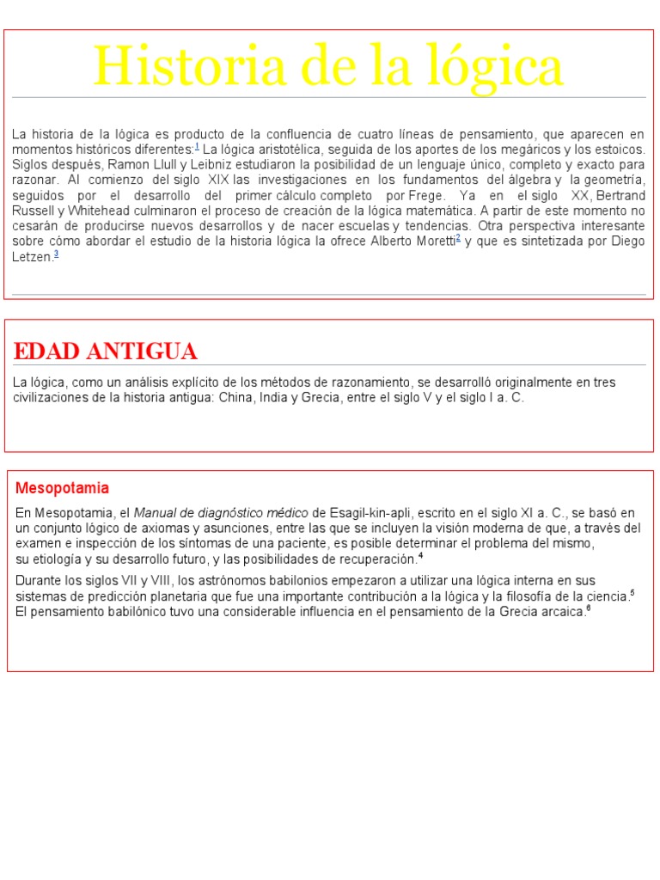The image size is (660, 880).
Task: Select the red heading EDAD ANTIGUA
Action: point(106,351)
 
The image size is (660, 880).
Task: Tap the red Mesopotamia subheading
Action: point(63,488)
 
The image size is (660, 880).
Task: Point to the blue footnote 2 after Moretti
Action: point(459,237)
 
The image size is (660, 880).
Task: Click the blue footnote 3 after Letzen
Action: point(56,253)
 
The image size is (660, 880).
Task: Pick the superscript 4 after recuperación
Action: point(420,554)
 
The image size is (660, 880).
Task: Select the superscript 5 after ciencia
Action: point(632,592)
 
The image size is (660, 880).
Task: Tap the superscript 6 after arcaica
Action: point(588,608)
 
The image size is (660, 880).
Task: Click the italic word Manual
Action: point(156,512)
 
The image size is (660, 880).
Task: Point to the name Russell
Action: point(33,211)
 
